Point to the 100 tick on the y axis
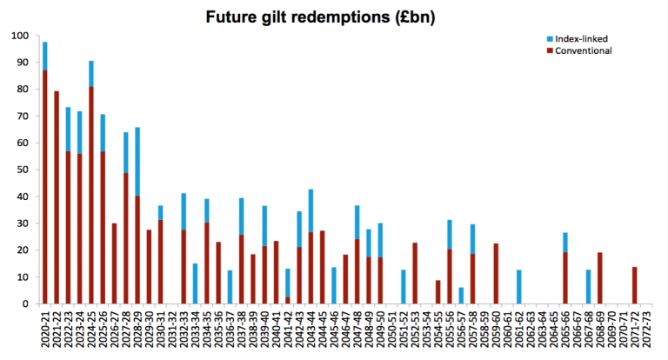(x=20, y=36)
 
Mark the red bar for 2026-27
(x=114, y=263)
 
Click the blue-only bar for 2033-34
(x=195, y=283)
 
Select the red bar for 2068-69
(x=600, y=278)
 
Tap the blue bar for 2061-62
(x=519, y=287)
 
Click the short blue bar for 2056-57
(x=461, y=296)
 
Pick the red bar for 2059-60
(x=496, y=274)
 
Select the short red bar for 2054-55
(x=438, y=292)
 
